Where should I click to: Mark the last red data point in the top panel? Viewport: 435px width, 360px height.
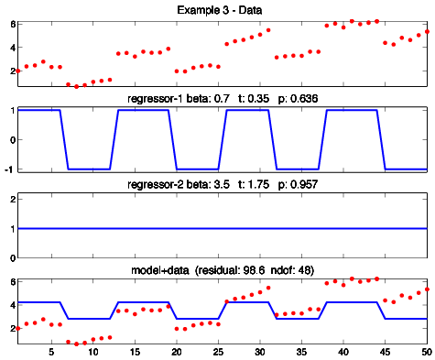click(427, 32)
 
